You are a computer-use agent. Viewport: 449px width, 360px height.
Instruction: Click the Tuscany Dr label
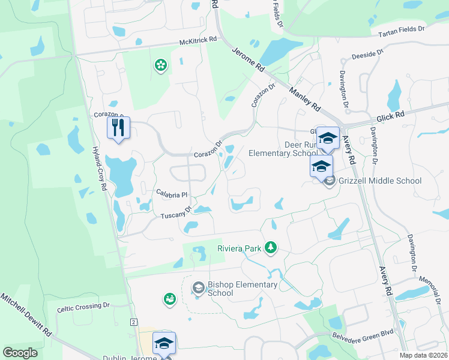tap(176, 212)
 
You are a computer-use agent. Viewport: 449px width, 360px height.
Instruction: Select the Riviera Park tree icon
tap(271, 247)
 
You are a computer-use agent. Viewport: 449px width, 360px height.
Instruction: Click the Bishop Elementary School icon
tap(197, 289)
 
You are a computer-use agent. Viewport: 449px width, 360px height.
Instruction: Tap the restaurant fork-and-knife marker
tap(118, 128)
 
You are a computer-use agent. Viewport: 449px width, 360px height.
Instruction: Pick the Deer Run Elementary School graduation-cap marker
tap(328, 138)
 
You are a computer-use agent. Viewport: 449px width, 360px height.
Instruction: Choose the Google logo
tap(20, 353)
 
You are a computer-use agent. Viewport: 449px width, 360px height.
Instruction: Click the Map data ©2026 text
tap(424, 355)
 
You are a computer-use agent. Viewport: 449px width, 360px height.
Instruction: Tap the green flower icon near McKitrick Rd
tap(160, 64)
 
